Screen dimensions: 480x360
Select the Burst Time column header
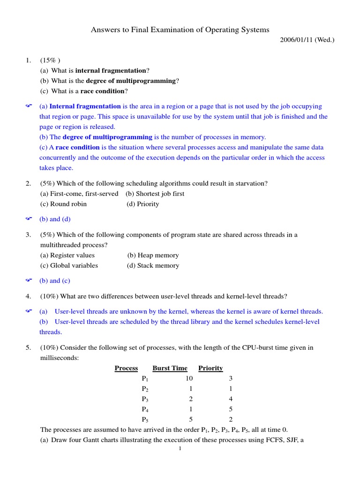(170, 368)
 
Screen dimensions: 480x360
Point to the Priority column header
(210, 368)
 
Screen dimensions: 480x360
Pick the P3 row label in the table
(145, 399)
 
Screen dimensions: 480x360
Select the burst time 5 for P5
(191, 420)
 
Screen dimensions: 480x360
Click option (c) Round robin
(63, 204)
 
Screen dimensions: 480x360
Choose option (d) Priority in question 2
(143, 204)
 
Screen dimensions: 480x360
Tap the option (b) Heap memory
(153, 255)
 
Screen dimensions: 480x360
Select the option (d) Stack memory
(153, 265)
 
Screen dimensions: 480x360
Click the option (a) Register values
(67, 255)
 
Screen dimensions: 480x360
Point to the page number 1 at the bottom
(180, 449)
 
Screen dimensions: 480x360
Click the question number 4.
(28, 296)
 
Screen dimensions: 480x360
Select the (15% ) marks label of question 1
(50, 60)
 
